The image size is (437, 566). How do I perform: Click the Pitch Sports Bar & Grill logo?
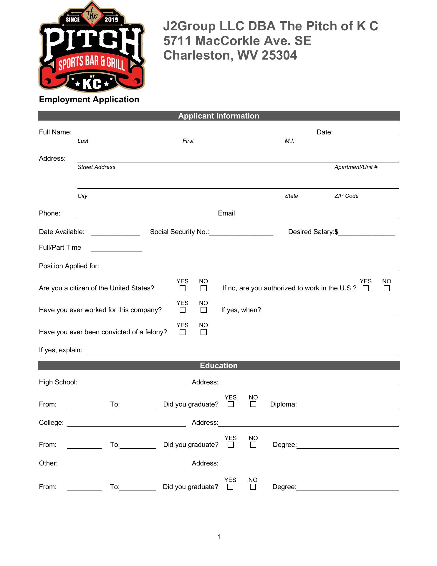pyautogui.click(x=92, y=47)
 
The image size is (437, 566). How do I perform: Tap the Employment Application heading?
pyautogui.click(x=89, y=100)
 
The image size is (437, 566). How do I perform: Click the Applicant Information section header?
pyautogui.click(x=218, y=116)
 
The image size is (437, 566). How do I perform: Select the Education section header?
pyautogui.click(x=218, y=366)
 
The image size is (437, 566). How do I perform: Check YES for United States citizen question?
pyautogui.click(x=183, y=288)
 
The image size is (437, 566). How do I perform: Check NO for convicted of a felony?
pyautogui.click(x=203, y=332)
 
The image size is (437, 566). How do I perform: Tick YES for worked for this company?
pyautogui.click(x=183, y=310)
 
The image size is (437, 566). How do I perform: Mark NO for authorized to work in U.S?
pyautogui.click(x=387, y=288)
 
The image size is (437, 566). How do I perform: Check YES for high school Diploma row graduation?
pyautogui.click(x=231, y=404)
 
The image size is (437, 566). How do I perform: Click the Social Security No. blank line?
pyautogui.click(x=241, y=233)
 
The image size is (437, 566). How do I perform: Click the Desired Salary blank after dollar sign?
pyautogui.click(x=367, y=233)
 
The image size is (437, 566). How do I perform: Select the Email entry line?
pyautogui.click(x=317, y=214)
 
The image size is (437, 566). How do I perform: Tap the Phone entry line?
pyautogui.click(x=143, y=214)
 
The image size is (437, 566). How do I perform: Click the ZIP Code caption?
pyautogui.click(x=346, y=196)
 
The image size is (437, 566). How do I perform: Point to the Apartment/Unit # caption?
pyautogui.click(x=356, y=167)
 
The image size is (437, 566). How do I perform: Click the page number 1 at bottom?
pyautogui.click(x=219, y=537)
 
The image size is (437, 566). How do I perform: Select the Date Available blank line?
pyautogui.click(x=116, y=233)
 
